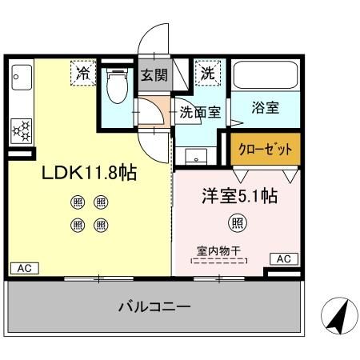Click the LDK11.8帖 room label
[x=90, y=173]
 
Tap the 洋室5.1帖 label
[x=240, y=196]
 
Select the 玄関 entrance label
[x=154, y=75]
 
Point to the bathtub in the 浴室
[x=266, y=75]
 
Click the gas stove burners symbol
[x=22, y=131]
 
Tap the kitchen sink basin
[x=22, y=78]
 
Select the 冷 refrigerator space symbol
[x=83, y=73]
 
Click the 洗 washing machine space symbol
[x=208, y=74]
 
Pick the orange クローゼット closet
[x=266, y=149]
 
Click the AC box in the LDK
[x=25, y=268]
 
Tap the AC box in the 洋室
[x=284, y=258]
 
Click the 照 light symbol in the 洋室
[x=238, y=222]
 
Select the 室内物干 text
[x=219, y=250]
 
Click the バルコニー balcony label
[x=154, y=306]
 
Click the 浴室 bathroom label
[x=266, y=108]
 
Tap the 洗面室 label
[x=200, y=112]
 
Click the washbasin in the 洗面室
[x=196, y=156]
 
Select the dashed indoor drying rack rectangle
[x=219, y=261]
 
